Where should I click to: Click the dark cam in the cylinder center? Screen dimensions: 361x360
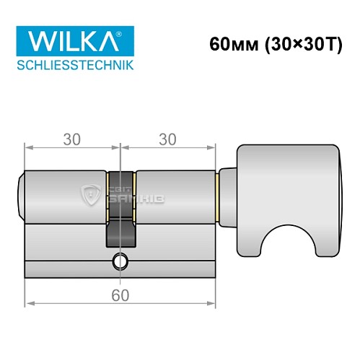tap(120, 224)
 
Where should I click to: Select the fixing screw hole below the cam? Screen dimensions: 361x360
tap(119, 262)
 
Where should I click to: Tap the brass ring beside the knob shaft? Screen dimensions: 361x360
tap(218, 196)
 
